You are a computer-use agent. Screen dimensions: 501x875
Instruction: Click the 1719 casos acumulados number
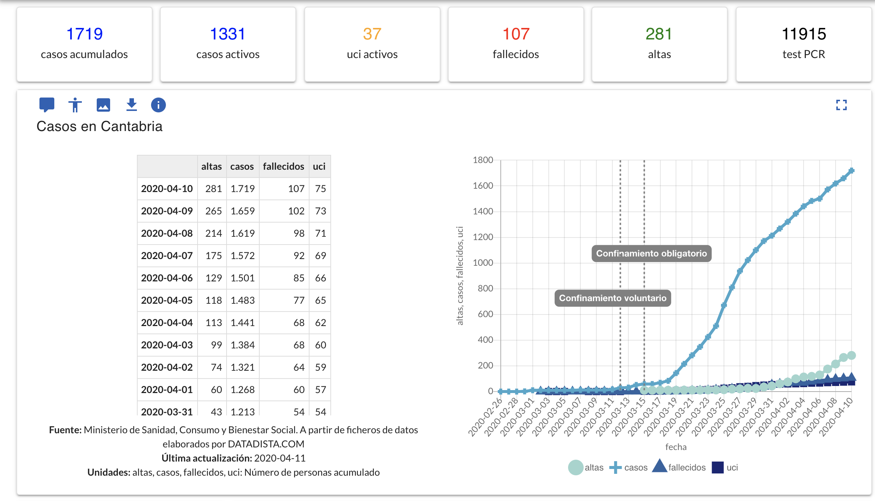click(x=84, y=34)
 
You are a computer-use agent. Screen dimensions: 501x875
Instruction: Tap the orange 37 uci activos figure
click(x=372, y=34)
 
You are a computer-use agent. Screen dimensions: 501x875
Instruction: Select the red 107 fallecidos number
click(x=516, y=34)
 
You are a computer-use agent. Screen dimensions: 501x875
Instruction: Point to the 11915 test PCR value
click(x=804, y=34)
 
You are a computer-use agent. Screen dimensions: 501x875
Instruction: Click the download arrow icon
click(x=131, y=105)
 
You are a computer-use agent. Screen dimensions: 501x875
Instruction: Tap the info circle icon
click(x=158, y=105)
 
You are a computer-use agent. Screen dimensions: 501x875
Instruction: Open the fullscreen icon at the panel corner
click(x=841, y=105)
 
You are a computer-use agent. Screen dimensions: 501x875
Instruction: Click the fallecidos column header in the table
click(x=283, y=166)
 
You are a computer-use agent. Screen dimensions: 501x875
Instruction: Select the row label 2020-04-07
click(x=167, y=256)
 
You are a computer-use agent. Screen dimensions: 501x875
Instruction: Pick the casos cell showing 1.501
click(x=243, y=278)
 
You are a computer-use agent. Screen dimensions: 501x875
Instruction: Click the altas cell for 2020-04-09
click(x=214, y=211)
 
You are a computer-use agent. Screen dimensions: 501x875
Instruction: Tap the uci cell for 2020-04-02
click(x=320, y=367)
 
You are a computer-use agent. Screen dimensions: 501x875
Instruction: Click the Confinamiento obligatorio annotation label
click(x=651, y=253)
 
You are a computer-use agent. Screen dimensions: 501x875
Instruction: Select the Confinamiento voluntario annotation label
click(x=613, y=298)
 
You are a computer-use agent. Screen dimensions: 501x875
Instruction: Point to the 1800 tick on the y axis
click(x=483, y=160)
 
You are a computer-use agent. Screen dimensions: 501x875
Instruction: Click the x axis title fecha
click(x=676, y=447)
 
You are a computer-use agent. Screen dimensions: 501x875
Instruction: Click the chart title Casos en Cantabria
click(x=99, y=127)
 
